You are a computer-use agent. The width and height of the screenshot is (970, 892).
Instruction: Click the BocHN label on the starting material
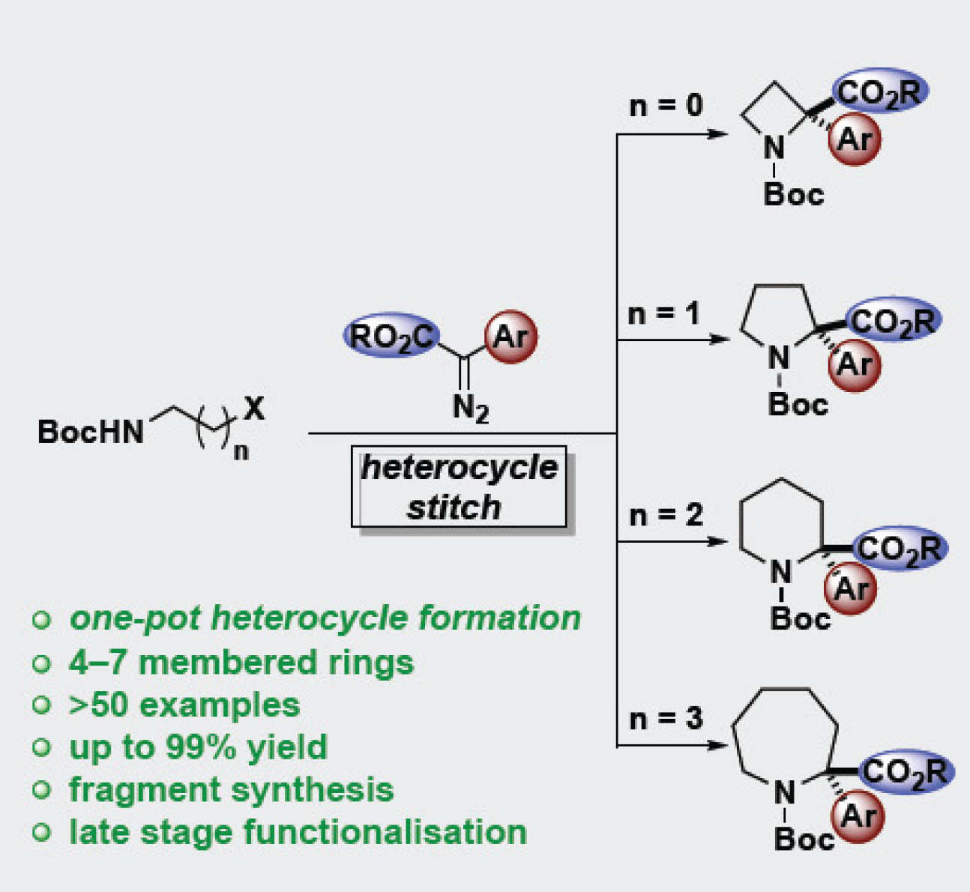click(x=91, y=432)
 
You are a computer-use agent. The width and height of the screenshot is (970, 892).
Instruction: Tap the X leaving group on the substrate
click(x=254, y=409)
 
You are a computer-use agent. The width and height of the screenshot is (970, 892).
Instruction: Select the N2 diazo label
click(x=470, y=409)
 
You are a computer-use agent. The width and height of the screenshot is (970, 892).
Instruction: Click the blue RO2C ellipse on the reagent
click(x=391, y=336)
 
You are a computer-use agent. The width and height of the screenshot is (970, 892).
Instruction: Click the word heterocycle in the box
click(x=459, y=468)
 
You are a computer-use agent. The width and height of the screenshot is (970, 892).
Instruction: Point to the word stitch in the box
click(x=454, y=507)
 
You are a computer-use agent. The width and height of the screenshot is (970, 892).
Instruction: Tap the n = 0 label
click(x=666, y=106)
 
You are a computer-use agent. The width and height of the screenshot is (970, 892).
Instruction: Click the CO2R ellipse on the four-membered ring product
click(x=879, y=92)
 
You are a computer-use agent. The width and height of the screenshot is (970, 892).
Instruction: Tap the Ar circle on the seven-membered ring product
click(x=858, y=816)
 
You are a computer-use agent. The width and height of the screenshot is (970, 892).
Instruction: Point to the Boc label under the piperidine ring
click(x=800, y=619)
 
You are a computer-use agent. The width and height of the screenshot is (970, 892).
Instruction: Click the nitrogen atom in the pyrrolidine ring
click(x=780, y=358)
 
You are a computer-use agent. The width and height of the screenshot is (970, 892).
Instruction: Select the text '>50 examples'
click(x=184, y=705)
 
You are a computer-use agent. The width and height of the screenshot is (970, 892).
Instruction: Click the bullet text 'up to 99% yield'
click(x=198, y=747)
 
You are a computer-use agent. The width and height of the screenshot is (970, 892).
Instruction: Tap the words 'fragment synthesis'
click(x=231, y=789)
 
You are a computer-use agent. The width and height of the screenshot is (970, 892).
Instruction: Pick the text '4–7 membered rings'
click(x=241, y=663)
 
